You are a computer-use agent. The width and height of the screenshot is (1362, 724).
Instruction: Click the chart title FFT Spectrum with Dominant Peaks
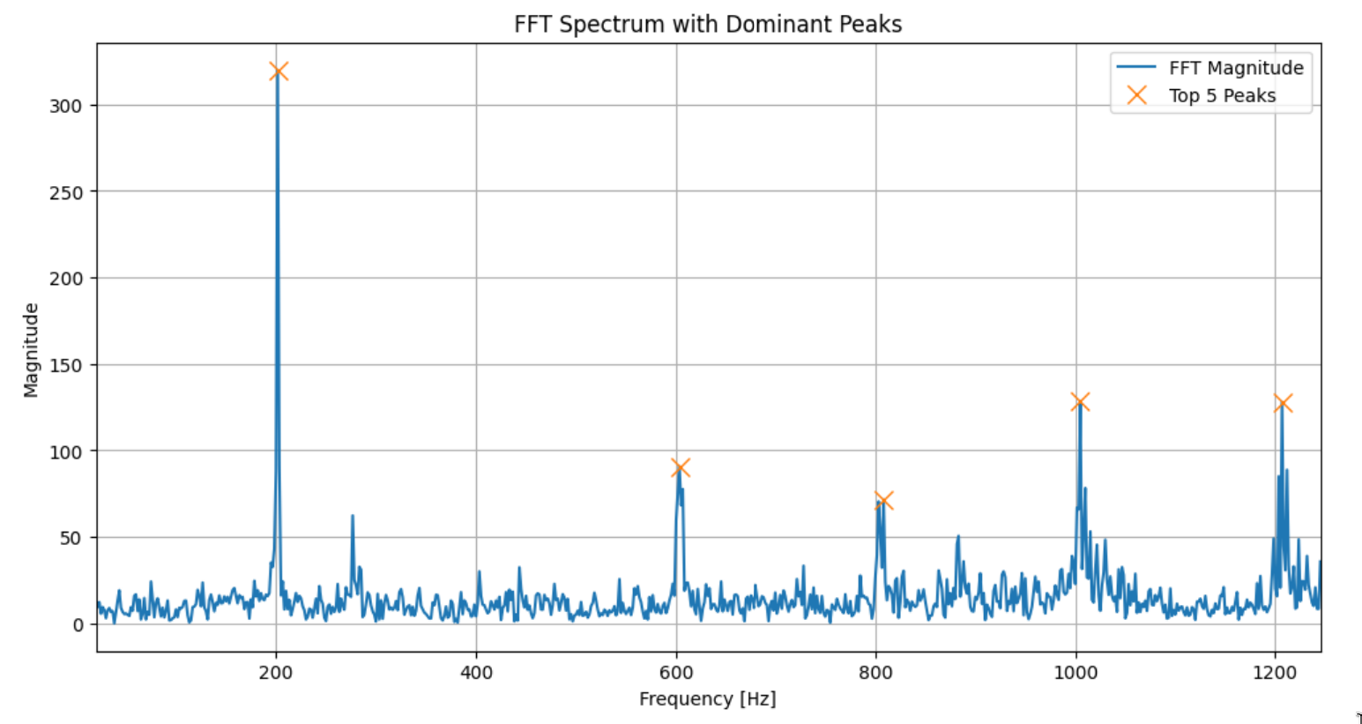(708, 24)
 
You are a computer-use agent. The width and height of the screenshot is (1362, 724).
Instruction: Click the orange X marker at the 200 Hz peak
(279, 71)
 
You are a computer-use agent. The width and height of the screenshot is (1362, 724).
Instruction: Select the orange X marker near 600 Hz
(680, 467)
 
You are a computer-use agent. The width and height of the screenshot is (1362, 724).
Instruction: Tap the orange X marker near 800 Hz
(884, 501)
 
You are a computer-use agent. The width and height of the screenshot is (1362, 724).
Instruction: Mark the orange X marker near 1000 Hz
(1080, 402)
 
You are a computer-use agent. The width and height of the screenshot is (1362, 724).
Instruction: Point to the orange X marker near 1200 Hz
(1283, 403)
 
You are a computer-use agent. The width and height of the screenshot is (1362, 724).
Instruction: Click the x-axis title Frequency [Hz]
(708, 699)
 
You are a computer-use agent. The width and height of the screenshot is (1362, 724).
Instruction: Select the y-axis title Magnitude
(31, 350)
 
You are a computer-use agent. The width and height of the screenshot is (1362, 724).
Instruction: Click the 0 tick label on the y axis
(78, 624)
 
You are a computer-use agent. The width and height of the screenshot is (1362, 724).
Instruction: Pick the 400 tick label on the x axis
(476, 673)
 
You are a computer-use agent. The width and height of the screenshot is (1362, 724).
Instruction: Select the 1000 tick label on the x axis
(1075, 673)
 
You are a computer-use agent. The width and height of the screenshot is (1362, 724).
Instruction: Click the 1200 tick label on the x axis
(1275, 673)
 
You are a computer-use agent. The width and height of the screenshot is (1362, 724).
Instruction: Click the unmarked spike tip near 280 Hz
(353, 516)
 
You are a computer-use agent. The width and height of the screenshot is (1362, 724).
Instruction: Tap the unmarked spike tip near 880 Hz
(958, 536)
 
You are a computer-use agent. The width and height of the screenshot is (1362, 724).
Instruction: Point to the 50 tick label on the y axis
(71, 538)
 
